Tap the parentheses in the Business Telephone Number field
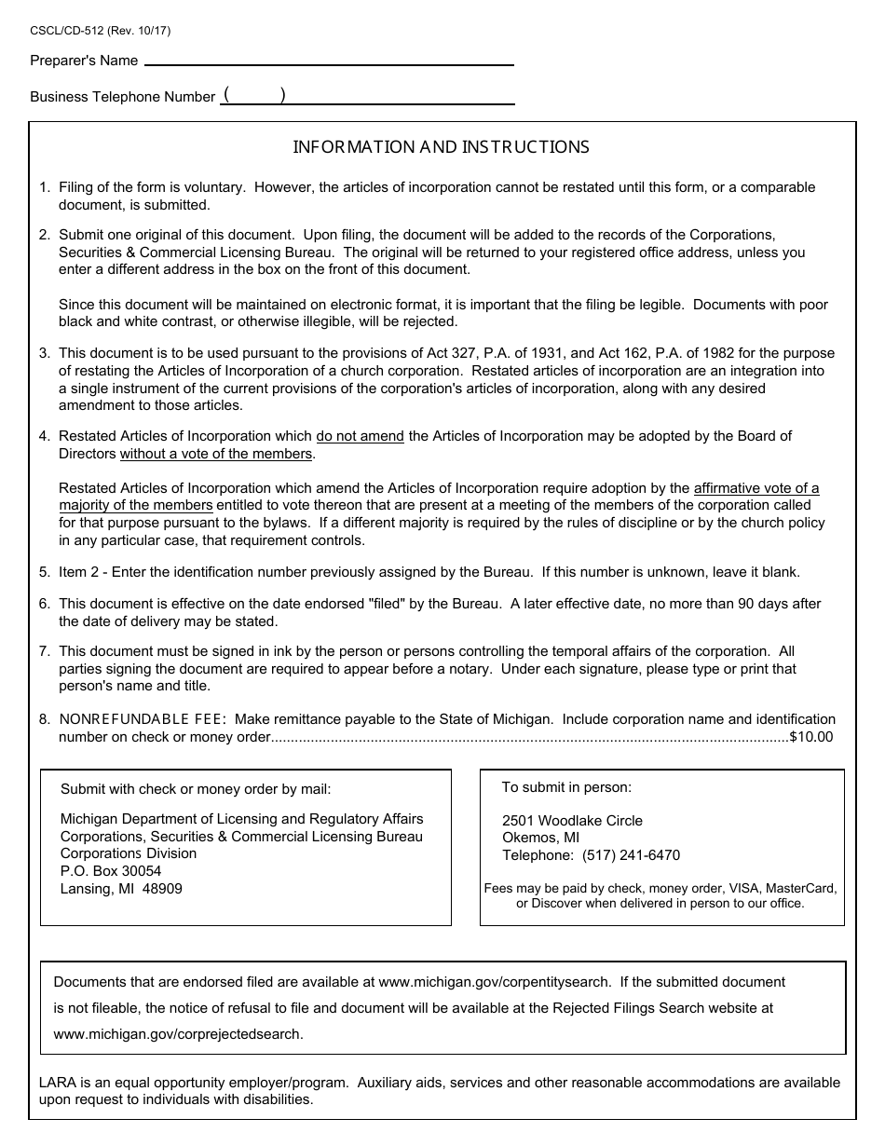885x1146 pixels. click(x=254, y=95)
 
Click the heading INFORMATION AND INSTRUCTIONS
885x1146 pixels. click(x=442, y=147)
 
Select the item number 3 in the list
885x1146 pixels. click(x=44, y=353)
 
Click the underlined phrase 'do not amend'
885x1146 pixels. click(x=360, y=436)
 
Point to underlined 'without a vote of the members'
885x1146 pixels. click(x=216, y=454)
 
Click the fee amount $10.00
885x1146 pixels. click(x=810, y=737)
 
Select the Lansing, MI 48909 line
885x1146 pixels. click(x=121, y=889)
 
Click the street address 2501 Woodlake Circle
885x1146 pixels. click(x=572, y=821)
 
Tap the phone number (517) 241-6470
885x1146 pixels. click(x=631, y=855)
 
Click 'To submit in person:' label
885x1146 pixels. click(x=566, y=787)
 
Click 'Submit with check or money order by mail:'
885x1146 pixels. click(x=196, y=789)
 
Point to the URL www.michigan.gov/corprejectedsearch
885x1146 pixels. click(x=179, y=1034)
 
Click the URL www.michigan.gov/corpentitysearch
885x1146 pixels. click(x=496, y=982)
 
